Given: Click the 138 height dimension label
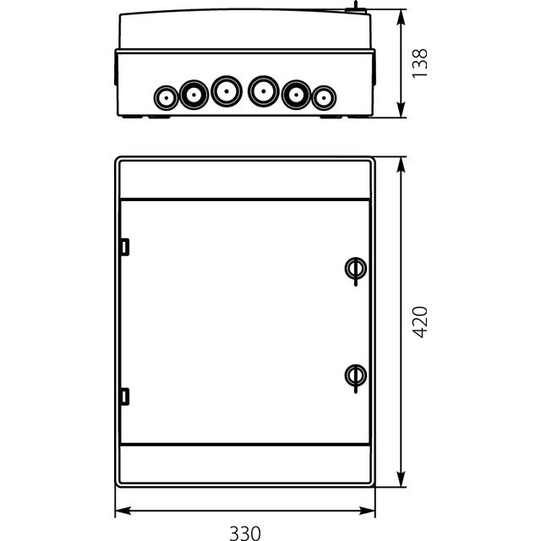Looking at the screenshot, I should coord(420,65).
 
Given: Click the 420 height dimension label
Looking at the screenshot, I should coord(420,322).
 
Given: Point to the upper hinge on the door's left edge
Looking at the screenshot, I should coord(124,248).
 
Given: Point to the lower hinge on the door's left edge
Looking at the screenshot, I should coord(124,396).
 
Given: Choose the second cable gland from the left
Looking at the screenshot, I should coord(194,95).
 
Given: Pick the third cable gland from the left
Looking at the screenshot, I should coord(225,90).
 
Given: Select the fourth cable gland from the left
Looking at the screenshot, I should coord(264,90).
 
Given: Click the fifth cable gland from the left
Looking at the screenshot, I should coord(296,95).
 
